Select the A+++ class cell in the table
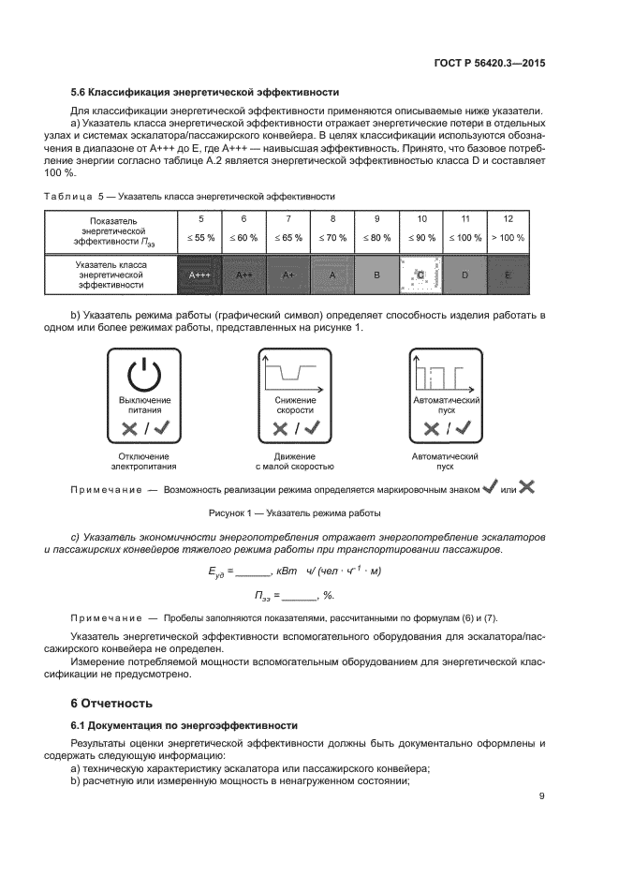pyautogui.click(x=199, y=275)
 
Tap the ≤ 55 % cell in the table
pyautogui.click(x=199, y=238)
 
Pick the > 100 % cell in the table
pyautogui.click(x=508, y=238)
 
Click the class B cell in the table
pyautogui.click(x=376, y=275)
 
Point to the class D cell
pyautogui.click(x=464, y=275)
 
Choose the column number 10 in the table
pyautogui.click(x=420, y=218)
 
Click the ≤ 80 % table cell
pyautogui.click(x=376, y=238)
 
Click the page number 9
pyautogui.click(x=541, y=797)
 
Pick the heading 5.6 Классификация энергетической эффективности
pyautogui.click(x=205, y=92)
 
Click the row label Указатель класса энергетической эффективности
pyautogui.click(x=111, y=275)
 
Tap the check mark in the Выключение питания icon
pyautogui.click(x=161, y=428)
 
